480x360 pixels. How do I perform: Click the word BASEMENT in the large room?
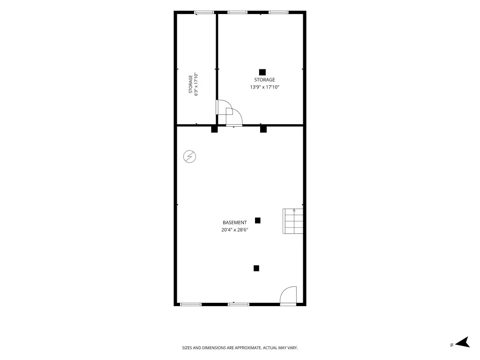pyautogui.click(x=234, y=223)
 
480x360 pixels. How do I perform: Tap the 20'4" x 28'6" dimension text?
pyautogui.click(x=234, y=230)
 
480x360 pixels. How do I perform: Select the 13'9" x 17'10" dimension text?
pyautogui.click(x=264, y=87)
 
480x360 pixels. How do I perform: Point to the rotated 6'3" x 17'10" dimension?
pyautogui.click(x=196, y=84)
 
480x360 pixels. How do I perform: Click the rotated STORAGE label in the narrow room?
pyautogui.click(x=191, y=84)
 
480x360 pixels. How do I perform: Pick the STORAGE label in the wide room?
pyautogui.click(x=264, y=80)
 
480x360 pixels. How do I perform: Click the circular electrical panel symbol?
pyautogui.click(x=189, y=157)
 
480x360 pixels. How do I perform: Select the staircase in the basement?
pyautogui.click(x=293, y=221)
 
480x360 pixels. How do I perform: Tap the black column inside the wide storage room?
pyautogui.click(x=262, y=72)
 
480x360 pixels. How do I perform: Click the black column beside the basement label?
pyautogui.click(x=258, y=220)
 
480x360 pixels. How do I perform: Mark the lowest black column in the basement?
pyautogui.click(x=256, y=268)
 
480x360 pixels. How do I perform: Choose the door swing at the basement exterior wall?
pyautogui.click(x=288, y=296)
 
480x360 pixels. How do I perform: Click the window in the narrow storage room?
pyautogui.click(x=204, y=13)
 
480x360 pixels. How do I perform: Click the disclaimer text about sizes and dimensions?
pyautogui.click(x=240, y=348)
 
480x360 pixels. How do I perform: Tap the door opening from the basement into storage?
pyautogui.click(x=234, y=117)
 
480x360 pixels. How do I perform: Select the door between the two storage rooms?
pyautogui.click(x=224, y=107)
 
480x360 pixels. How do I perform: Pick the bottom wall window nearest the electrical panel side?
pyautogui.click(x=191, y=304)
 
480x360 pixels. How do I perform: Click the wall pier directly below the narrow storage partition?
pyautogui.click(x=214, y=129)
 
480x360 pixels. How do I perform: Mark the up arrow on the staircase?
pyautogui.click(x=294, y=210)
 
